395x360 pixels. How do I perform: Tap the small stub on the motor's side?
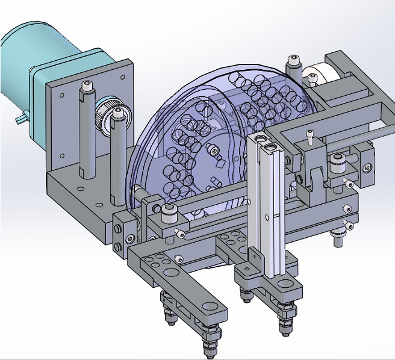(x=21, y=117)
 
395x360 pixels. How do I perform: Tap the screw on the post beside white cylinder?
(x=293, y=61)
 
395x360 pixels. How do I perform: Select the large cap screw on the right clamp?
(x=336, y=161)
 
